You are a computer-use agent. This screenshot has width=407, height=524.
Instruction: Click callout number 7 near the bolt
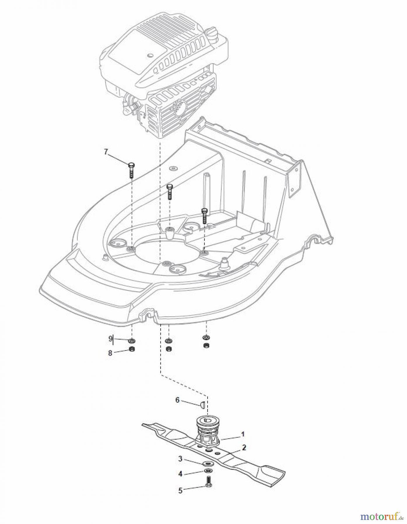click(x=106, y=152)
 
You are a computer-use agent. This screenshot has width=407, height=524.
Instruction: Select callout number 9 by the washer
click(x=110, y=339)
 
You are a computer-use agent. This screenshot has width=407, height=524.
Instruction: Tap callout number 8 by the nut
click(x=110, y=353)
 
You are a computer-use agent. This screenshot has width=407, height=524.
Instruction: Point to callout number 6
click(x=177, y=400)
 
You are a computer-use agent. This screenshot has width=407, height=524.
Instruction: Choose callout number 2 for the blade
click(x=244, y=447)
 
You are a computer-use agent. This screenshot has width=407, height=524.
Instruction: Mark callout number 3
click(x=180, y=459)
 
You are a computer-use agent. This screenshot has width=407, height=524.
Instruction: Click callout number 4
click(x=180, y=474)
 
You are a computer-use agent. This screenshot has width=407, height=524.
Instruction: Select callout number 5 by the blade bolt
click(x=180, y=491)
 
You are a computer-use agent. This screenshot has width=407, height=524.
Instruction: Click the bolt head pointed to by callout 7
click(x=131, y=165)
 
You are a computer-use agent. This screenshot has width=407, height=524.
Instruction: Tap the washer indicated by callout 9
click(x=132, y=340)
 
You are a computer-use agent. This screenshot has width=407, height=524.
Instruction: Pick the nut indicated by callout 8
click(x=131, y=349)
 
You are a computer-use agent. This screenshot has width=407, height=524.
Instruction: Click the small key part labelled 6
click(x=202, y=404)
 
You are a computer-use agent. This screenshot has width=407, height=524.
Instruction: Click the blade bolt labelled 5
click(x=208, y=482)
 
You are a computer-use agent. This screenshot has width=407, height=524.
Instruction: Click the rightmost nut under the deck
click(x=206, y=345)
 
